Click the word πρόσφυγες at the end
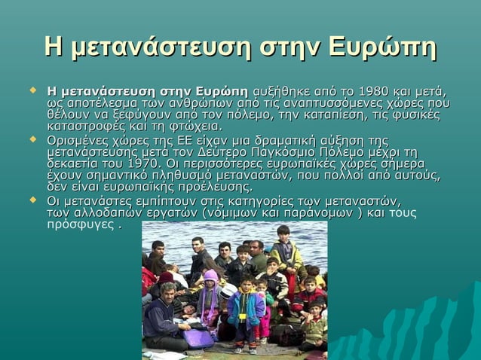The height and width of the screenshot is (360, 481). (x=79, y=224)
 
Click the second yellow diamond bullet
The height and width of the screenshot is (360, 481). (x=32, y=140)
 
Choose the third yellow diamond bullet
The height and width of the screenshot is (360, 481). (x=32, y=200)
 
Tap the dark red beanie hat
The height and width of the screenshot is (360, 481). (x=166, y=277)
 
